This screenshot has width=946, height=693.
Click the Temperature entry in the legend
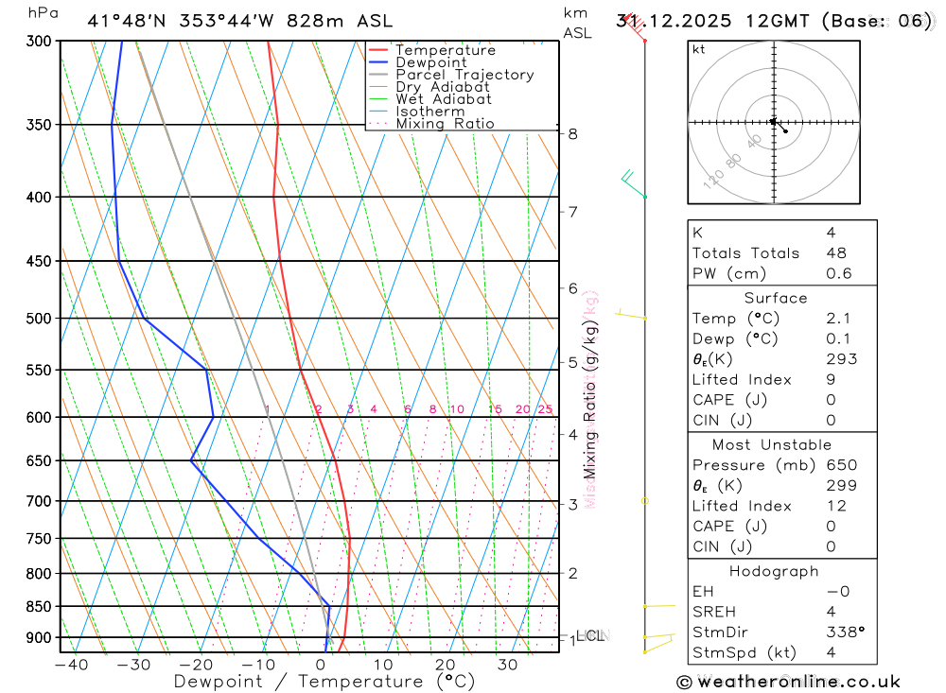point(445,50)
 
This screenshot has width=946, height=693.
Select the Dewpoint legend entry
point(430,62)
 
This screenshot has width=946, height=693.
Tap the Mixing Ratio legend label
point(445,124)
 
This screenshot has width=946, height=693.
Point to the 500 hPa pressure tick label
point(39,319)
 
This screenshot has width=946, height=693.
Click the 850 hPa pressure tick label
point(39,606)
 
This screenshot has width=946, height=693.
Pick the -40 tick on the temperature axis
point(71,665)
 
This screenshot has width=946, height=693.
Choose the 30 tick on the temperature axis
point(507,665)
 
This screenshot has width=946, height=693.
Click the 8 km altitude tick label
point(573,133)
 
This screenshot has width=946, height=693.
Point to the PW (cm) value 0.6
point(839,274)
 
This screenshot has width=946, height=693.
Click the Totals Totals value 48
point(836,253)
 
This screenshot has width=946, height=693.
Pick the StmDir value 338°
point(845,632)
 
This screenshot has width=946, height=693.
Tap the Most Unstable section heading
point(772,444)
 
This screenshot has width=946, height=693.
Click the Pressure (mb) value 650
point(841,465)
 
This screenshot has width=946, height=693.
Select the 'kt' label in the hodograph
point(699,49)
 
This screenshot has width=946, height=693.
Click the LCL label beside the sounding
point(592,636)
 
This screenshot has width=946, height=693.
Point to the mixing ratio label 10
point(456,409)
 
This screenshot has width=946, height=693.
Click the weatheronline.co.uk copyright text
point(789,682)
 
